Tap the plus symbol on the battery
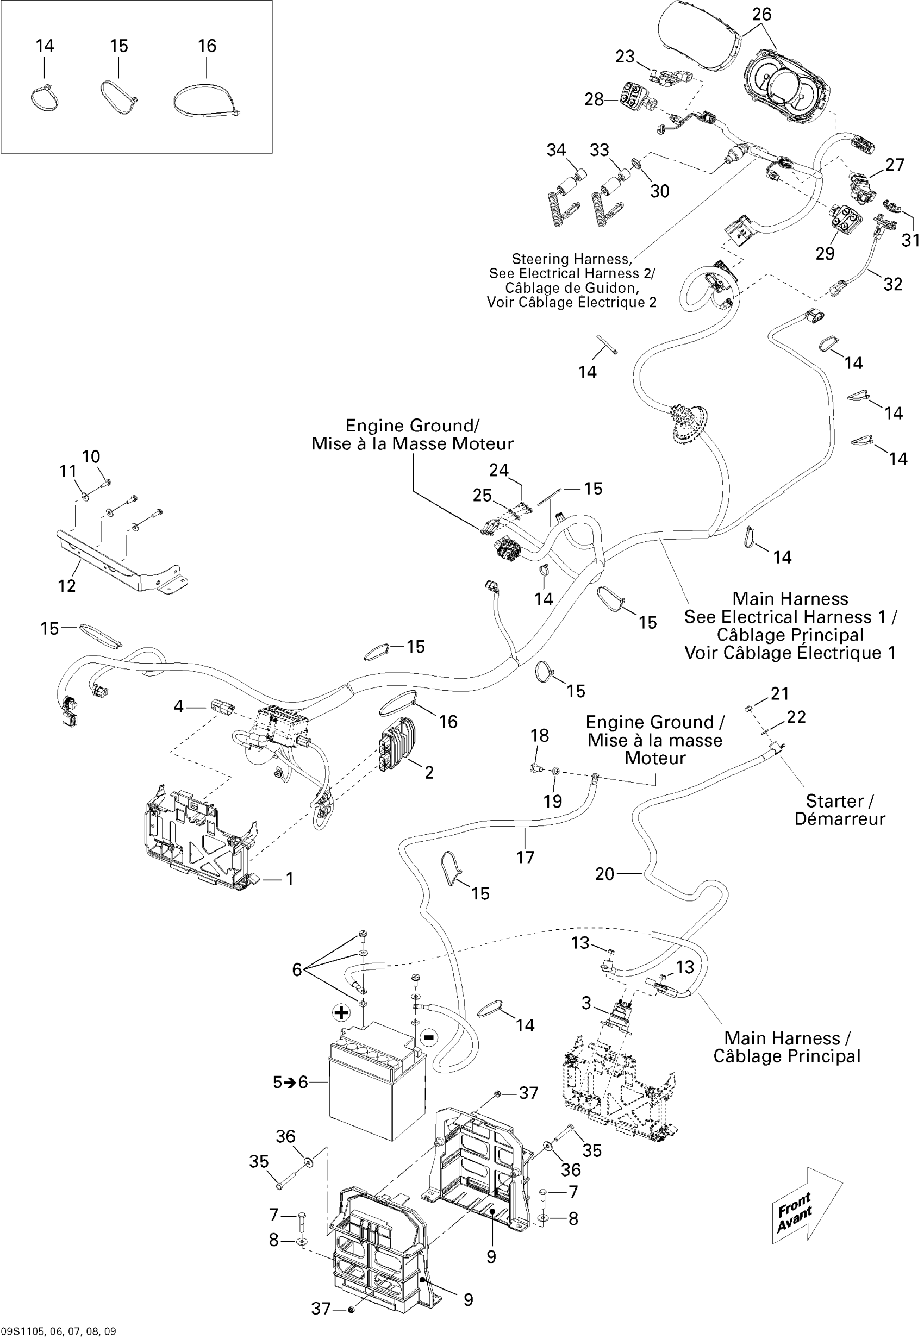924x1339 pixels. pos(341,1012)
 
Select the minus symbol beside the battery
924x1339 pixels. pos(428,1037)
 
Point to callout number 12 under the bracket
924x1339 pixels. pos(66,586)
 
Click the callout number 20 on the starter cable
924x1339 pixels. pos(604,874)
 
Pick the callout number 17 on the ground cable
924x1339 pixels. pos(525,858)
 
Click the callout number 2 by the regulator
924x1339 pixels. pos(429,772)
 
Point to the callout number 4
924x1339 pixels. pos(178,706)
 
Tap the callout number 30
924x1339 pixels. pos(659,191)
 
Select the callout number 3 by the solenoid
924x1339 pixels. pos(586,1003)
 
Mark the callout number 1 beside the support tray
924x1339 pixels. pos(290,879)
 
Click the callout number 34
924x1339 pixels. pos(556,150)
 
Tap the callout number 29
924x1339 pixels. pos(825,253)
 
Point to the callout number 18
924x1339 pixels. pos(540,736)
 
